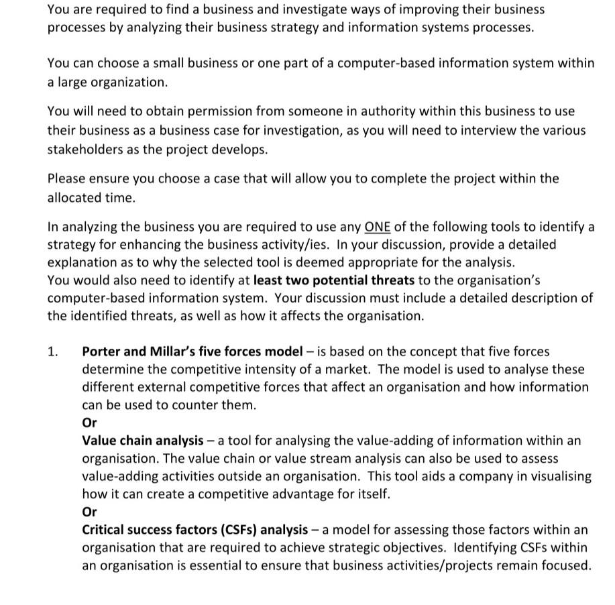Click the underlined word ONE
378,227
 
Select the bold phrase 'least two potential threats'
333,280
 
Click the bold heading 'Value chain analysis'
142,441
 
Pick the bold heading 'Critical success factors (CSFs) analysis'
194,530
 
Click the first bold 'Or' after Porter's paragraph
89,423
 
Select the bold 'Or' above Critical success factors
89,512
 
